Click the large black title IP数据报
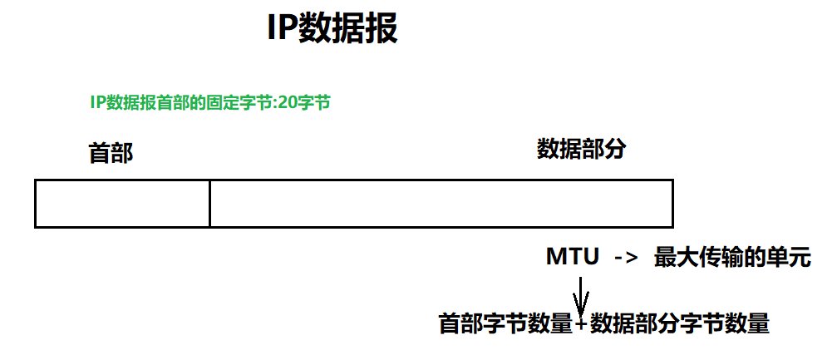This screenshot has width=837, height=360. tap(332, 29)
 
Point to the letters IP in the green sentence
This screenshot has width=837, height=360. tap(96, 103)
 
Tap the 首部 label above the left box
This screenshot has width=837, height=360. tap(111, 153)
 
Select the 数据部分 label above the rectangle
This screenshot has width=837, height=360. tap(580, 150)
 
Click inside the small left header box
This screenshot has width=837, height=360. tap(122, 203)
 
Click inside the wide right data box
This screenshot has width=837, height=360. tap(441, 203)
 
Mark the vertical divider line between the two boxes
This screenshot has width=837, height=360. tap(209, 203)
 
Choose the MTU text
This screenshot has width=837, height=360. tap(573, 257)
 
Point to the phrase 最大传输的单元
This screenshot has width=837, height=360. tap(731, 257)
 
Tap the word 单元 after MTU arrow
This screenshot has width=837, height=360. tap(787, 257)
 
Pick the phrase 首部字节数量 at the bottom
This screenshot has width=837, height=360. tap(506, 323)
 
